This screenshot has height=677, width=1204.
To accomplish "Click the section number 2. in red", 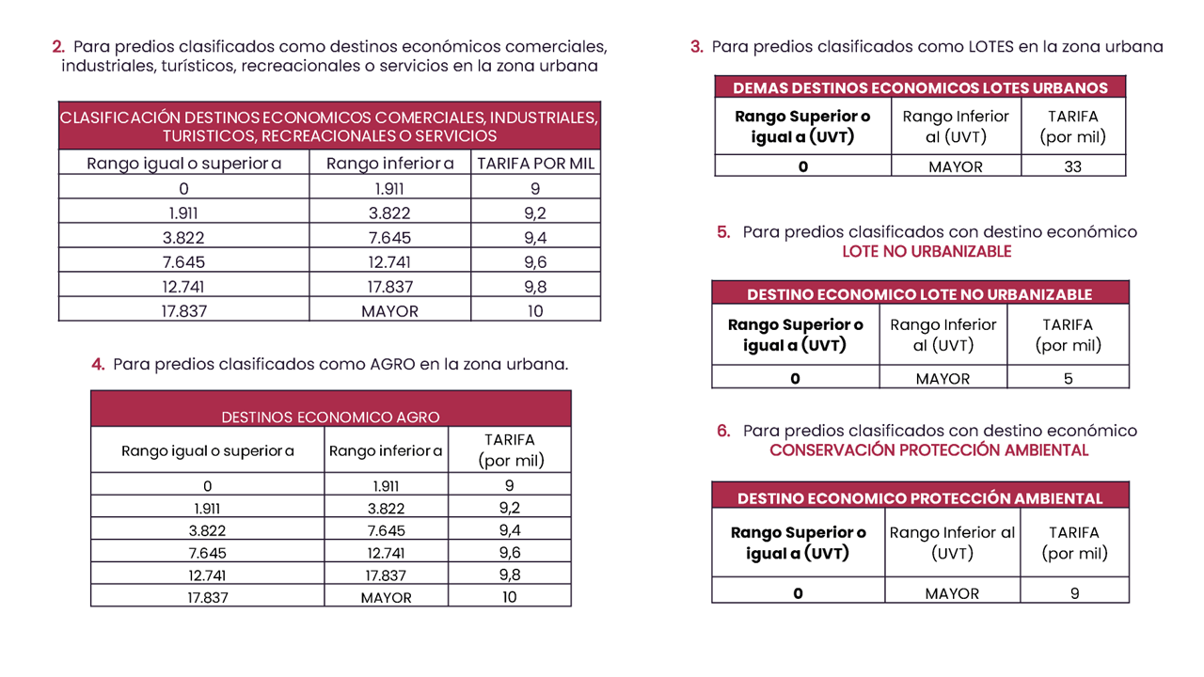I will (58, 46).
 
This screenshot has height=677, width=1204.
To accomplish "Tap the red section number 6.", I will (723, 431).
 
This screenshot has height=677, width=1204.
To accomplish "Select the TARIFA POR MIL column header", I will (536, 164).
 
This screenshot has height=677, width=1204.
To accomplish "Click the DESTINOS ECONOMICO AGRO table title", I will (330, 417).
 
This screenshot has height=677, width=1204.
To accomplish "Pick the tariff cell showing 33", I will (1073, 166).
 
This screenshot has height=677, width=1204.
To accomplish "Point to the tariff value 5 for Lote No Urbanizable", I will (1068, 378).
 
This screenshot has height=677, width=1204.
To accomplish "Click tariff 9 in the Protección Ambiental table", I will (1074, 592).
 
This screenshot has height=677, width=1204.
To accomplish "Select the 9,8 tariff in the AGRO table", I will (509, 575).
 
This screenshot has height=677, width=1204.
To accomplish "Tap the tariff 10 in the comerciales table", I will (535, 311).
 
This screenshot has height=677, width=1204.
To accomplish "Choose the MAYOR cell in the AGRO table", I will (386, 597).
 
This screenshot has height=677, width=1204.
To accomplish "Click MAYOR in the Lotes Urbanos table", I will (955, 166).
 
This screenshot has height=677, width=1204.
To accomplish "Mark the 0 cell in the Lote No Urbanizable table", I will (795, 378).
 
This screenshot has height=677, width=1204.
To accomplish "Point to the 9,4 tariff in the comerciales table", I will (535, 238).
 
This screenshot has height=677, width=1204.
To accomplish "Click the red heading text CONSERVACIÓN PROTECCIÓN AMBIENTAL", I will (928, 450).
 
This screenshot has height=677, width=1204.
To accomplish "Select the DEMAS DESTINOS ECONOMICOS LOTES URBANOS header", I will (920, 87).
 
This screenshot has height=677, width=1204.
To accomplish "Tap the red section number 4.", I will (98, 364).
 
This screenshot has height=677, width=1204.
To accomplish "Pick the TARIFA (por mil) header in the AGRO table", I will (509, 450).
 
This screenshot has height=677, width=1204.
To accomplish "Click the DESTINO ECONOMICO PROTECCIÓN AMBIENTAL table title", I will (920, 498).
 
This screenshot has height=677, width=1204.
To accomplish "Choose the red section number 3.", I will (696, 46).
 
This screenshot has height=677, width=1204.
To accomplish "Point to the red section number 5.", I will (723, 231).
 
